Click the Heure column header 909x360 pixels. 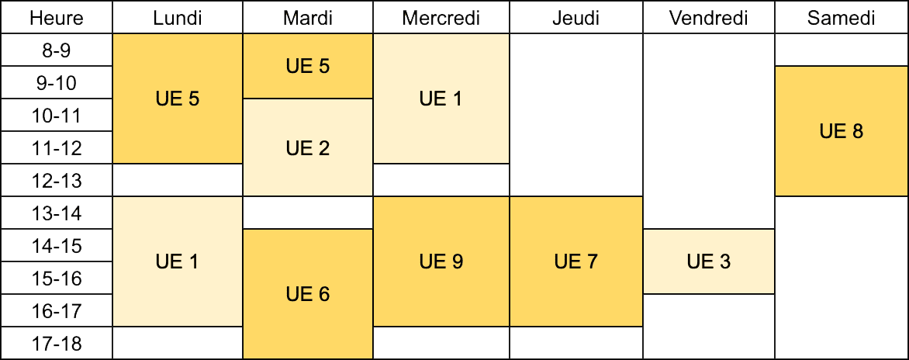point(57,17)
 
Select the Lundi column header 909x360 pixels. point(178,17)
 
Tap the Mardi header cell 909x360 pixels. point(308,17)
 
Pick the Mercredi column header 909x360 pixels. point(441,17)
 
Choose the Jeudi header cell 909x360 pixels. point(576,17)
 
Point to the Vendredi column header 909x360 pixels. point(709,17)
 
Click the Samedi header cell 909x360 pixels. point(842,17)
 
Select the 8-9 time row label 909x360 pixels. point(57,50)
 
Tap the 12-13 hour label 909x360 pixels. point(57,180)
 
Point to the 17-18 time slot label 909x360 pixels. point(57,344)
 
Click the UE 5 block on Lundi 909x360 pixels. point(178,99)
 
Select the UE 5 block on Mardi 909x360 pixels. point(308,66)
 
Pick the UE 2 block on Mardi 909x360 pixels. point(308,148)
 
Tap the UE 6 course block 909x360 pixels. point(308,295)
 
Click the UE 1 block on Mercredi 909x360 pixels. point(441,99)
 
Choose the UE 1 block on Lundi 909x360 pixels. point(178,261)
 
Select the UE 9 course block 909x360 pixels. point(441,261)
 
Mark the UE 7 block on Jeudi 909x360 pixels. point(576,261)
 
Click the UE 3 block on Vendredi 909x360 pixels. point(709,261)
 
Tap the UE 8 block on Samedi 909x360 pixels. point(842,131)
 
